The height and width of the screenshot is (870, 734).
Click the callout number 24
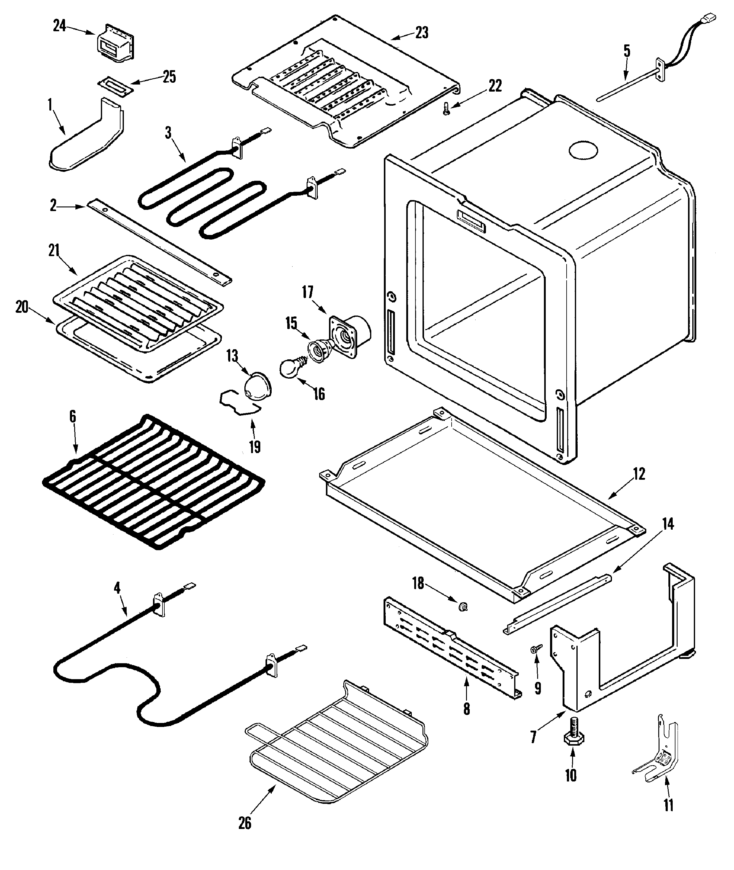(x=59, y=26)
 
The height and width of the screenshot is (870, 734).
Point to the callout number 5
(x=627, y=51)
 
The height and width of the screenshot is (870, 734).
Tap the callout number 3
(x=168, y=133)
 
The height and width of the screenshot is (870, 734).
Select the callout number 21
(x=54, y=251)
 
